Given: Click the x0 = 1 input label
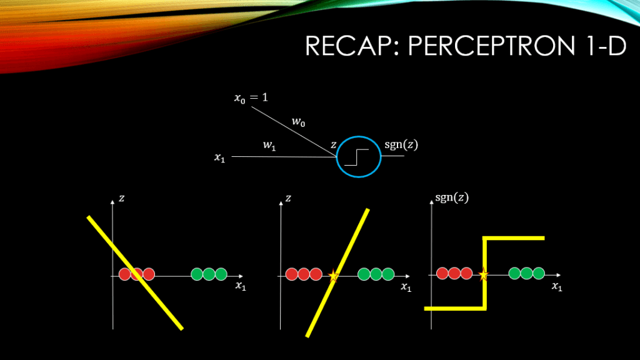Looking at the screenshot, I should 251,98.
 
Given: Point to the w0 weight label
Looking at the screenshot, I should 299,122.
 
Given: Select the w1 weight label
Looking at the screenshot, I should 269,146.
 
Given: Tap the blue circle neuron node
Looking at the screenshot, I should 358,156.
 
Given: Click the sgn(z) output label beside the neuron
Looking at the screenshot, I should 401,145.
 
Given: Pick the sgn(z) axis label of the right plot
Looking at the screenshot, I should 451,198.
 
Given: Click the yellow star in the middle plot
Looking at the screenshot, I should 333,275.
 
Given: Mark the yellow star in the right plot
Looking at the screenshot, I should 483,274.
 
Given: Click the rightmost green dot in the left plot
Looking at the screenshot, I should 221,274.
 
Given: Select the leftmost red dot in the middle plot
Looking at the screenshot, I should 291,274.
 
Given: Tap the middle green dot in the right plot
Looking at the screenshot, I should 526,273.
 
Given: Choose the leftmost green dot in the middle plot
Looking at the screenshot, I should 364,274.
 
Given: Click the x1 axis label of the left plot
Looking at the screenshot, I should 241,286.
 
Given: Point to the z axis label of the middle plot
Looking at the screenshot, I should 288,198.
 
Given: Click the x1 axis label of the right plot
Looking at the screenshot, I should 556,286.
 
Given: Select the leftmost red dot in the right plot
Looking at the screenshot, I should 442,273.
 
